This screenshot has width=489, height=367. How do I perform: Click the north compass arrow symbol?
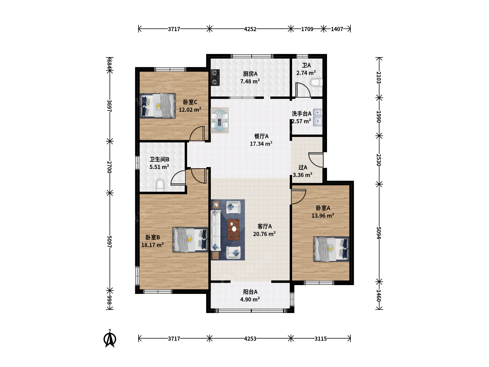tap(110, 339)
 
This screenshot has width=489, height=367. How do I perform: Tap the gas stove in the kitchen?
tap(215, 77)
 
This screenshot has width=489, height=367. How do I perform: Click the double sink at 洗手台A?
tap(318, 118)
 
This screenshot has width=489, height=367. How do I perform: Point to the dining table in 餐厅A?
tap(220, 120)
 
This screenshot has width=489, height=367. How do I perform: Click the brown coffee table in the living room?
tap(234, 229)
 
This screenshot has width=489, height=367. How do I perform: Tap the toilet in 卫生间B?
tap(160, 186)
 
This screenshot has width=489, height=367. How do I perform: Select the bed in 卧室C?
tap(158, 106)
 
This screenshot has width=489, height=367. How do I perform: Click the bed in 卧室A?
tap(331, 249)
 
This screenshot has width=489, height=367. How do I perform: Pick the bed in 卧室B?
tap(191, 240)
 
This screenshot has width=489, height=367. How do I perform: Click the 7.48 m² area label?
tap(250, 81)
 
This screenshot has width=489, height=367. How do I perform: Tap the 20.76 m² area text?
tap(264, 234)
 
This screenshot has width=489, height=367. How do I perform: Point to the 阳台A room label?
tap(250, 292)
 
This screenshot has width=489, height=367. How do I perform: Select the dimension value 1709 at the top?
tap(307, 29)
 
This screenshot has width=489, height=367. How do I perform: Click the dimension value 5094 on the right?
tap(379, 233)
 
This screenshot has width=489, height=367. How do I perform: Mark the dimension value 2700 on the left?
tap(109, 167)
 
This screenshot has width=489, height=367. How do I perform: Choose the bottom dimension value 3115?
tap(321, 339)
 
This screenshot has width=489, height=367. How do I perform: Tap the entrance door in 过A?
tap(316, 160)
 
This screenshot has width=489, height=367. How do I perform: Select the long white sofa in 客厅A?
tap(216, 230)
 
